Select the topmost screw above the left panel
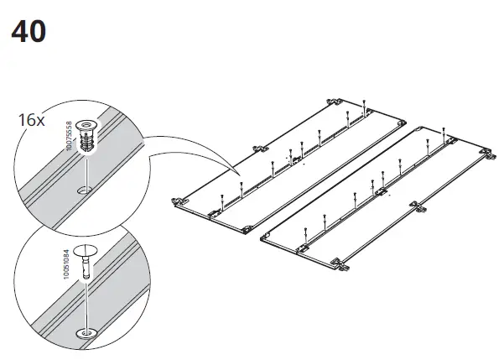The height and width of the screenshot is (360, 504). click(366, 104)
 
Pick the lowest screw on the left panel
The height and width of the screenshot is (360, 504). click(220, 199)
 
